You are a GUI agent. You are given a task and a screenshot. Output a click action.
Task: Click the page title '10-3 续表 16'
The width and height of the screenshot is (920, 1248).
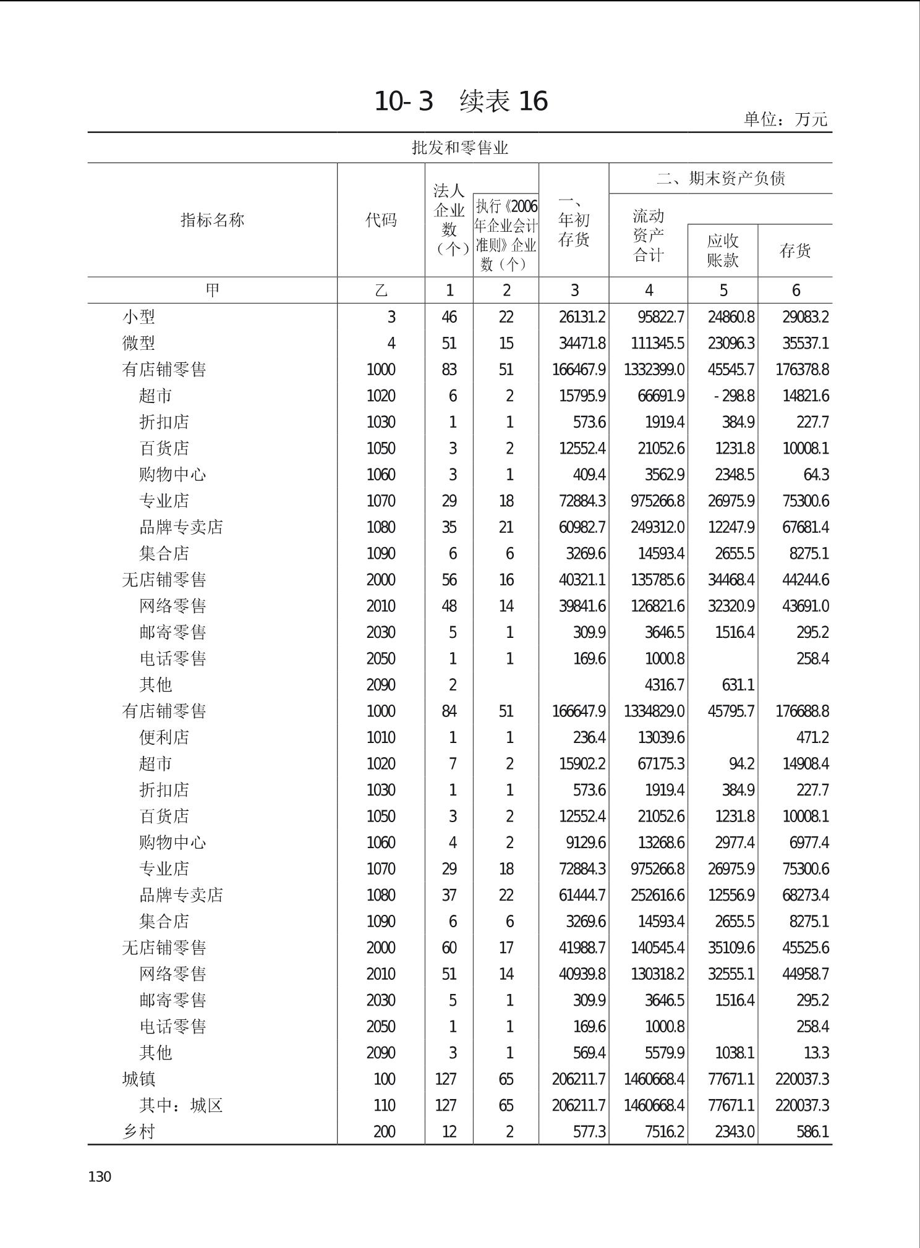461,101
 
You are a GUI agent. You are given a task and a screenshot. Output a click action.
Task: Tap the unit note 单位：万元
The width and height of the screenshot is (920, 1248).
785,119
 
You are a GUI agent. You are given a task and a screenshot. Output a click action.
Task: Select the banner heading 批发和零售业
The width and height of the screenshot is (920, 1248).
460,148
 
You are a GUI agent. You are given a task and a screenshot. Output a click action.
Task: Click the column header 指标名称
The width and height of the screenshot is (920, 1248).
212,220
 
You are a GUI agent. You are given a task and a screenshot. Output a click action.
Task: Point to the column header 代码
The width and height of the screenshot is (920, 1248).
381,220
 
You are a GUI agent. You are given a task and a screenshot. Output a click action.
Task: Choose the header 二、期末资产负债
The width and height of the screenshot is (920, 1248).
720,179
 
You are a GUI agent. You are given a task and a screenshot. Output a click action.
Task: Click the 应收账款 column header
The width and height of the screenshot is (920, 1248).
723,250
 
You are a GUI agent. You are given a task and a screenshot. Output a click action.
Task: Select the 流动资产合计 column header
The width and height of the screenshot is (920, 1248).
648,236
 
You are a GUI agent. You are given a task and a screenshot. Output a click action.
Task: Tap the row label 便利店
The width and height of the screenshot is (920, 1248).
164,737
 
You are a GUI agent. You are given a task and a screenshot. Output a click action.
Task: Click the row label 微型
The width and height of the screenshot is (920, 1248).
138,343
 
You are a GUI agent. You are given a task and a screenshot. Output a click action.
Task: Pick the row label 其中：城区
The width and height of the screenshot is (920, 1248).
181,1105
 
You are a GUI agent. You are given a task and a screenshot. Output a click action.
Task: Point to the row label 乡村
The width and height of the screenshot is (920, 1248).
138,1132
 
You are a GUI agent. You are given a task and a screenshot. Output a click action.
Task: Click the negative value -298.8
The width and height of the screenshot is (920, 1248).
734,396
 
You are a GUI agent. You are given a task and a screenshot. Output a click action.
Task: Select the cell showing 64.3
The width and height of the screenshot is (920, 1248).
816,475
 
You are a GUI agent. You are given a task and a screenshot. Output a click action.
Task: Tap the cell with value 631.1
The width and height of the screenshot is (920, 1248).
738,685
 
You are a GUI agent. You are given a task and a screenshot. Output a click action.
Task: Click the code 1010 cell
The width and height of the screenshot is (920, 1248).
381,737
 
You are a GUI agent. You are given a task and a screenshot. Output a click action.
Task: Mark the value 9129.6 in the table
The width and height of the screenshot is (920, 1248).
582,843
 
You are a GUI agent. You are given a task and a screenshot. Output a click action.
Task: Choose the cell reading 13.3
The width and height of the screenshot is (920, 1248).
817,1053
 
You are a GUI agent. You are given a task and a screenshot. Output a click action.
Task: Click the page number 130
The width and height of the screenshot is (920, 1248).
100,1177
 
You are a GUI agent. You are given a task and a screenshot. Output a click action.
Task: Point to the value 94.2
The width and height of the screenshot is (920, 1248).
741,764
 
